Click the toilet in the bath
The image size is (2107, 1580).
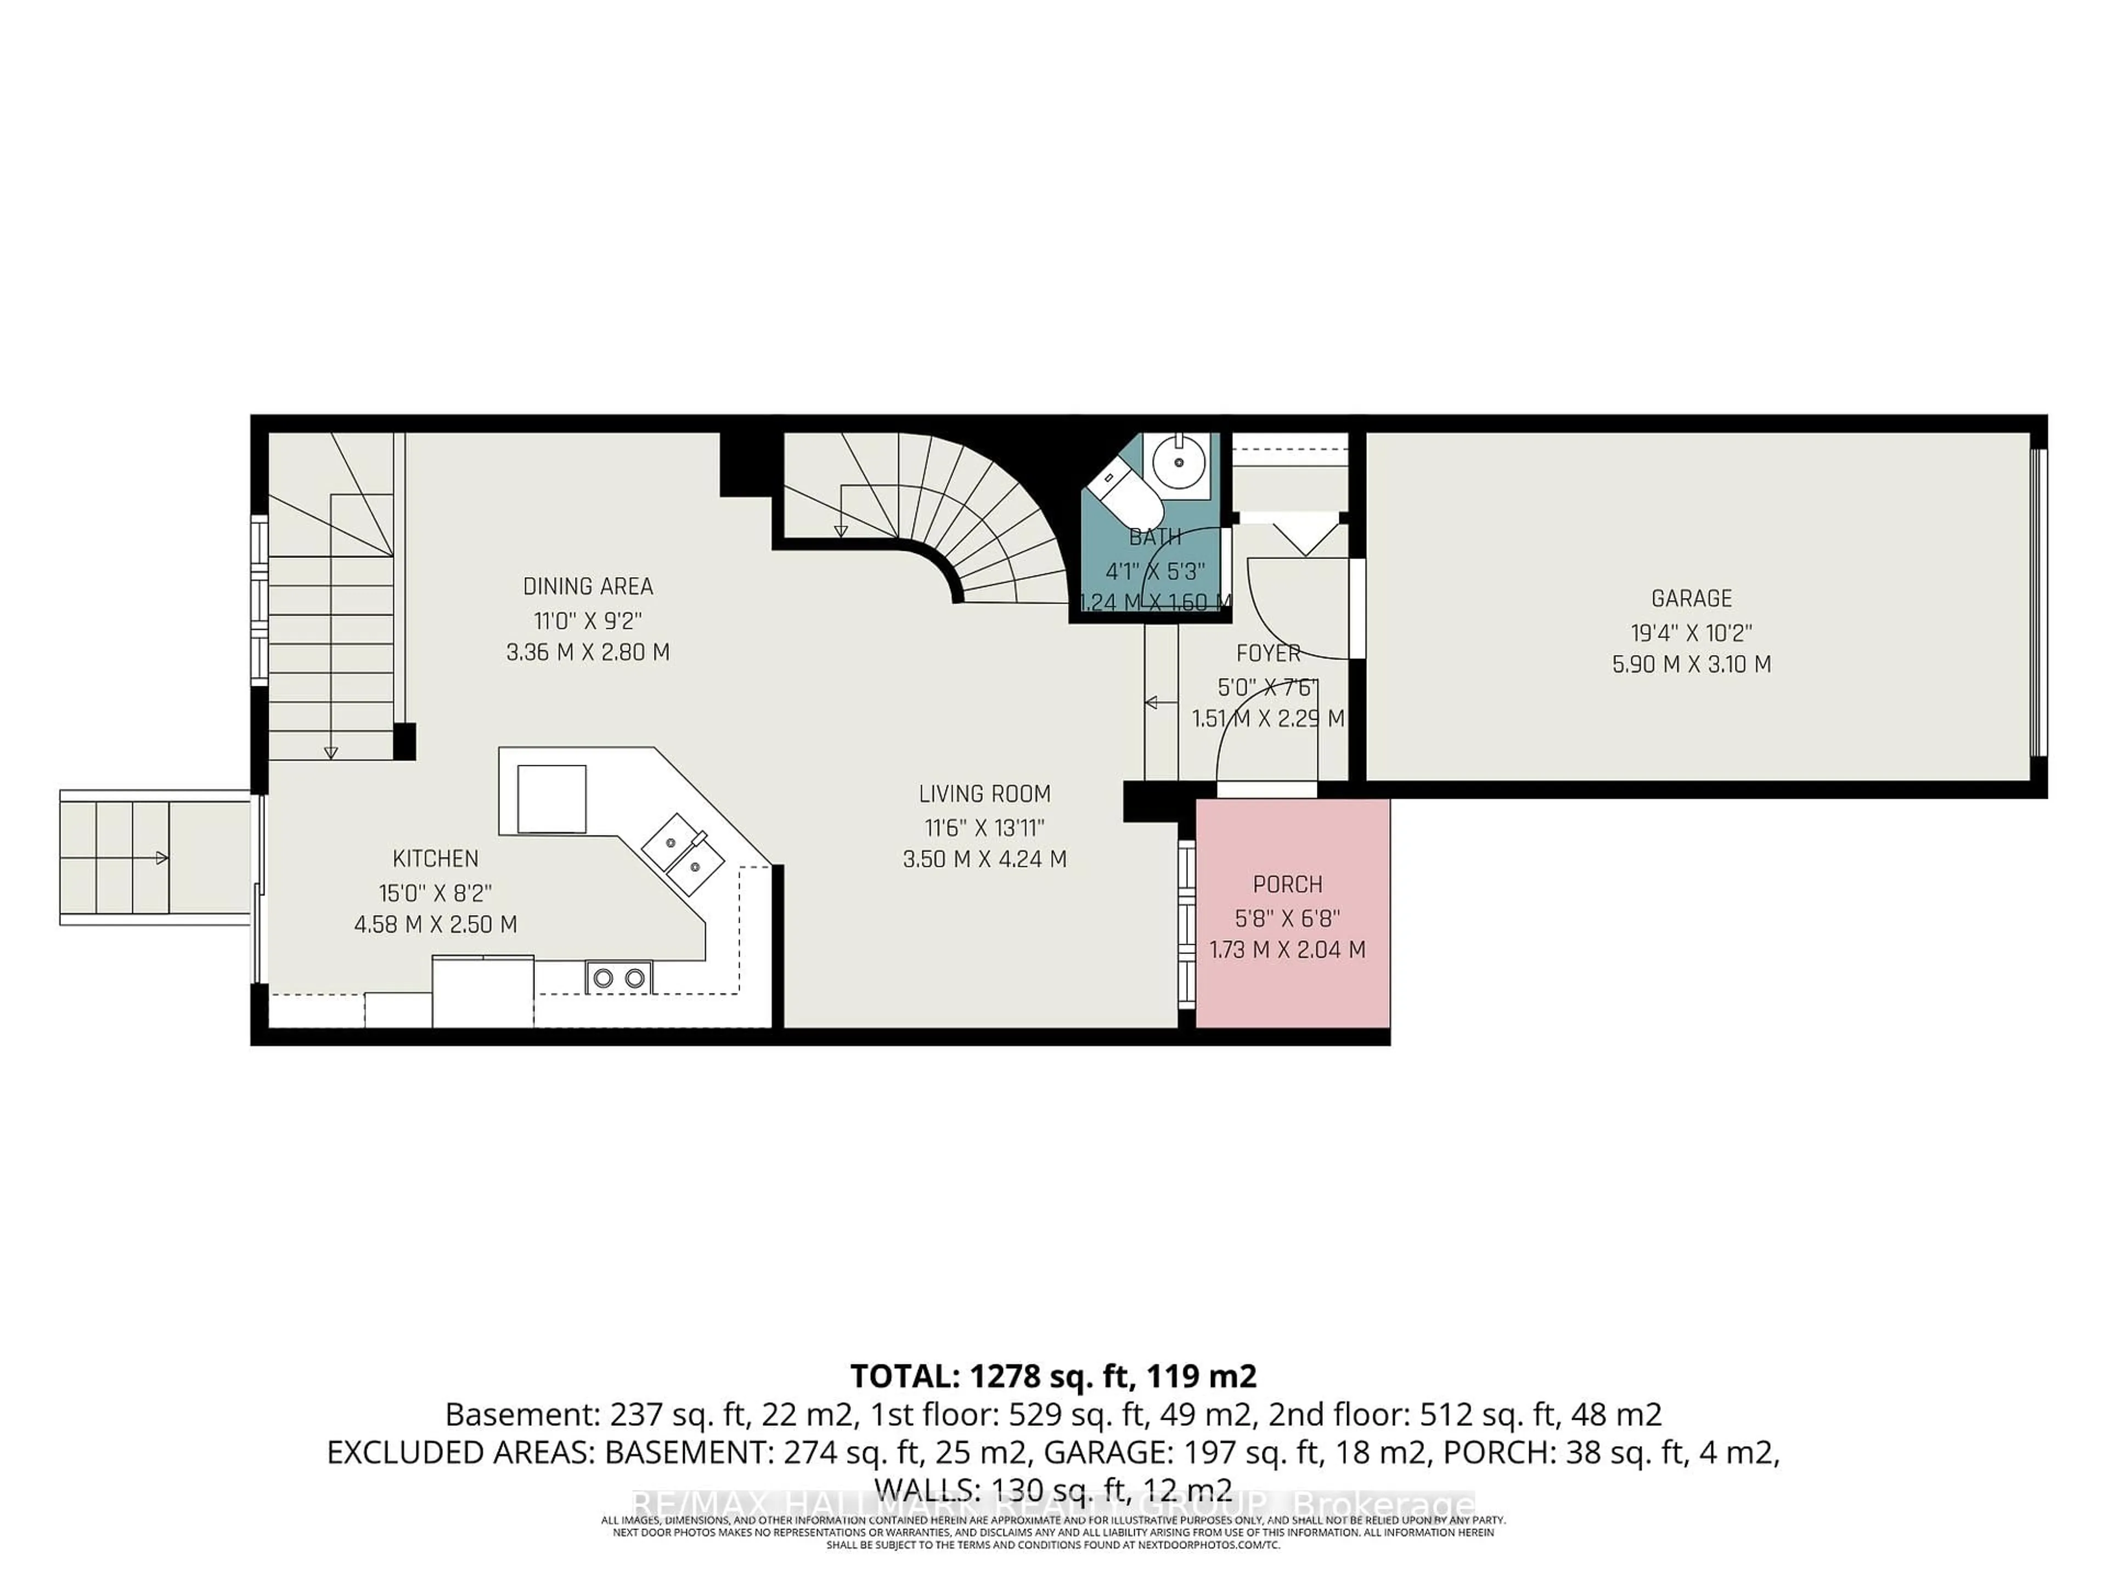1124,492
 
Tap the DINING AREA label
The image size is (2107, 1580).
588,586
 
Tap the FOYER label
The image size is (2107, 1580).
1268,653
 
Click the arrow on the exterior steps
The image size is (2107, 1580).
162,858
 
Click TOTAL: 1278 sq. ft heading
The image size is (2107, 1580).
1052,1376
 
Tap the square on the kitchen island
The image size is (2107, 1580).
551,799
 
